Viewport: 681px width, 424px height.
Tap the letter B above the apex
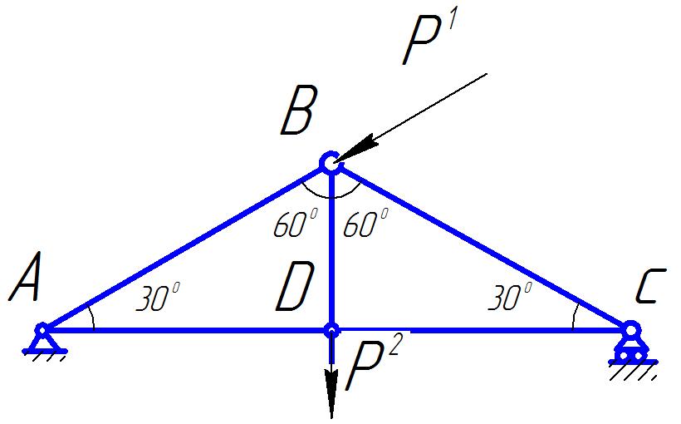click(297, 113)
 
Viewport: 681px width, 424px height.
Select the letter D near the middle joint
click(294, 290)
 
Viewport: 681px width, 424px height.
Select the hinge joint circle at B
click(331, 163)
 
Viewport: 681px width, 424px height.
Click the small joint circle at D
click(331, 330)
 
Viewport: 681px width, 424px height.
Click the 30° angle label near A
click(158, 298)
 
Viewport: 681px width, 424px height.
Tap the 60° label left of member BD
click(295, 224)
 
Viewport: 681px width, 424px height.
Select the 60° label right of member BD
click(365, 224)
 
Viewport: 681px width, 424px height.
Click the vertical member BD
click(331, 249)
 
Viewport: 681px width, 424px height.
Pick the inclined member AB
click(183, 247)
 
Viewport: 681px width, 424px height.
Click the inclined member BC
click(482, 248)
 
